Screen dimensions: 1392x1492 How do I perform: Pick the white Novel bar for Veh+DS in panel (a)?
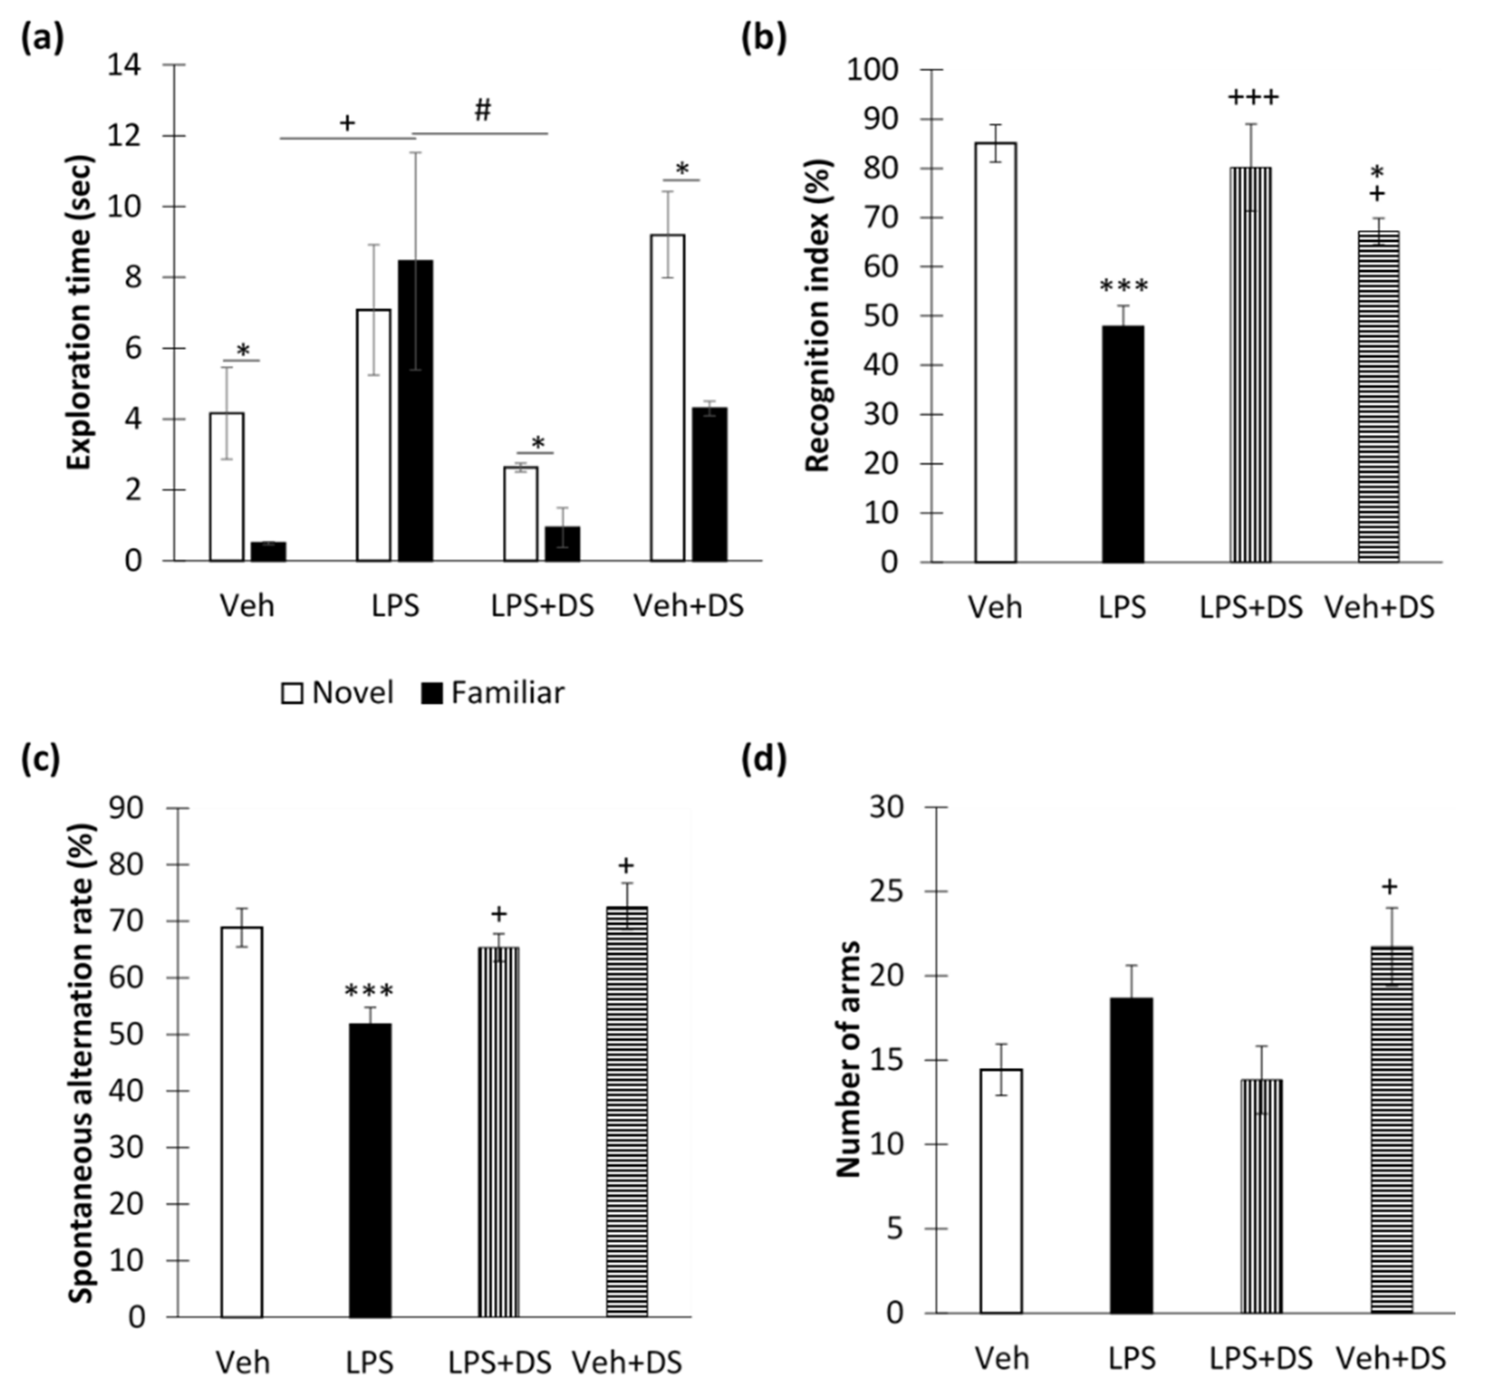pyautogui.click(x=667, y=398)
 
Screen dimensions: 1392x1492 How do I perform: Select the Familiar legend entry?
pyautogui.click(x=492, y=693)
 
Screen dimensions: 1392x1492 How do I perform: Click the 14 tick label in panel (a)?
pyautogui.click(x=124, y=65)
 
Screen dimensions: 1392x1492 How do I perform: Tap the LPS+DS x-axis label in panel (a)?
pyautogui.click(x=542, y=606)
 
